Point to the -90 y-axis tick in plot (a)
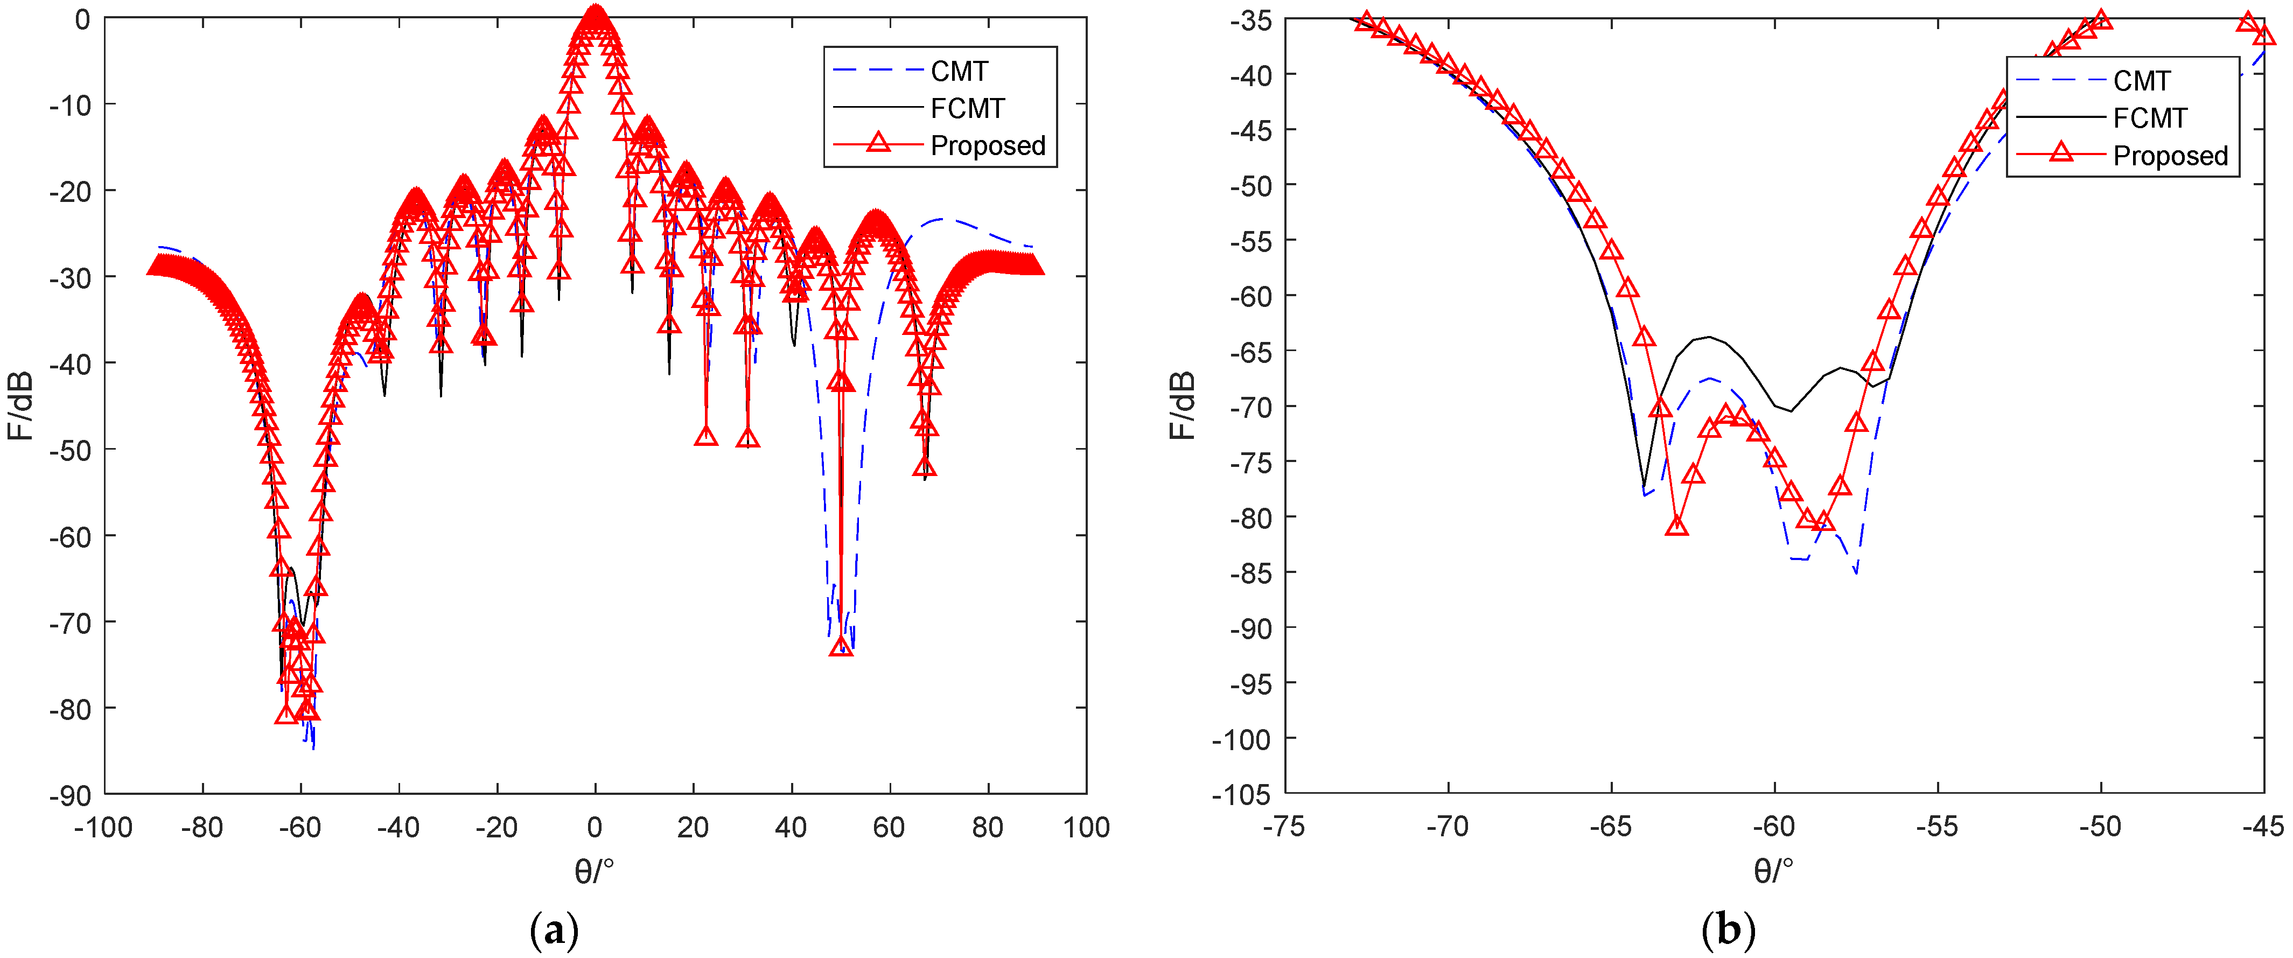coord(71,795)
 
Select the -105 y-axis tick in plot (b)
coord(1242,794)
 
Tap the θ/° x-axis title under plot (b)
coord(1774,870)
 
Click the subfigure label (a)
coord(554,931)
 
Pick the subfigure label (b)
coord(1728,931)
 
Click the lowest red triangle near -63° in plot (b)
coord(1677,525)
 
